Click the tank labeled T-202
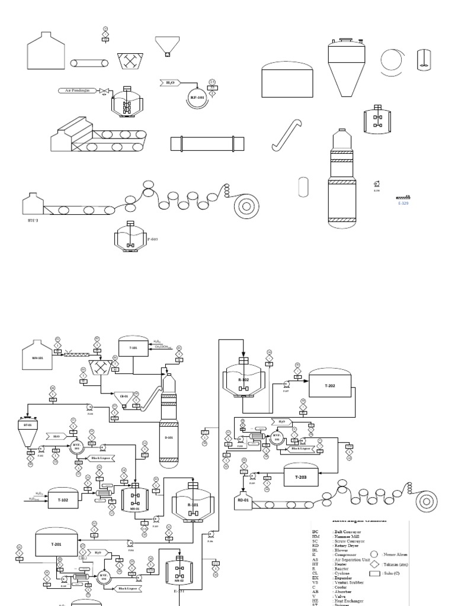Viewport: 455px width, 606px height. pyautogui.click(x=329, y=386)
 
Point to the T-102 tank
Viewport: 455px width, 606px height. pyautogui.click(x=63, y=499)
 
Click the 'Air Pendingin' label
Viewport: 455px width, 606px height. pyautogui.click(x=77, y=91)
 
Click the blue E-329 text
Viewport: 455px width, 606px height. pyautogui.click(x=403, y=203)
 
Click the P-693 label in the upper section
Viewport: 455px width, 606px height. pyautogui.click(x=153, y=240)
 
